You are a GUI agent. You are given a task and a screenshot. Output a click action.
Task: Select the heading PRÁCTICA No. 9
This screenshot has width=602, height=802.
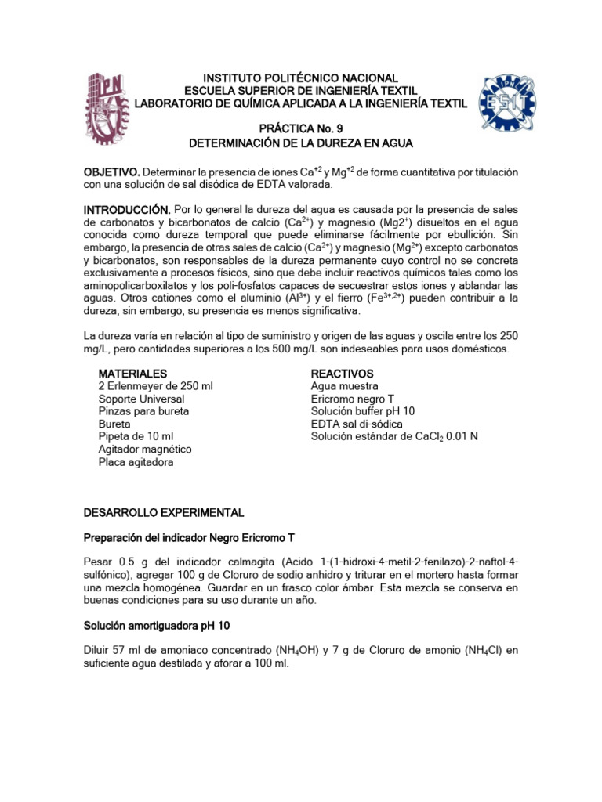pos(301,128)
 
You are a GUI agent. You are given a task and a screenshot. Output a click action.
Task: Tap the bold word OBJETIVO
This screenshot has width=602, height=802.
pos(112,172)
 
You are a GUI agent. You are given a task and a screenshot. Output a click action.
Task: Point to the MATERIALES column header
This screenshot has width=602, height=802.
pos(132,374)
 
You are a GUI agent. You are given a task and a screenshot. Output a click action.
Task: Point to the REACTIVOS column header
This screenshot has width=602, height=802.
pos(342,374)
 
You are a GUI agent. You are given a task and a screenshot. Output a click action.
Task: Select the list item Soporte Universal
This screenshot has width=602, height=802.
pos(141,399)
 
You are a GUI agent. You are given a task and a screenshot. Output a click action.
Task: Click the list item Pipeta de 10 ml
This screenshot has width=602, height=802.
pos(136,436)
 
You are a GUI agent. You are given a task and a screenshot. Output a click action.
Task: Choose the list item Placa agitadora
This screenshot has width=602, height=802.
pos(136,462)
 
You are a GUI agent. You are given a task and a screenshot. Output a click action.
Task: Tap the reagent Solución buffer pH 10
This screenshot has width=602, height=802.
pos(363,411)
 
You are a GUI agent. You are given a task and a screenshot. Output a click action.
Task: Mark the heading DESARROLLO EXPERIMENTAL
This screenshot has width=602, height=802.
pos(164,512)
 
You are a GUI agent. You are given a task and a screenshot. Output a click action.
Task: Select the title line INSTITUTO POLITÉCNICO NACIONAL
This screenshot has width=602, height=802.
pos(301,78)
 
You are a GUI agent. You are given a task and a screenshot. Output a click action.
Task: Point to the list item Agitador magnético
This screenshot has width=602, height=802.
pos(144,450)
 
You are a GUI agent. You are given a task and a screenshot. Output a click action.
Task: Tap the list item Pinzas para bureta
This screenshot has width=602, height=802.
pos(143,411)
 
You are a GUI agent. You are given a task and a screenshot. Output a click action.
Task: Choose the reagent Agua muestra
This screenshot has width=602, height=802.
pos(344,386)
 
